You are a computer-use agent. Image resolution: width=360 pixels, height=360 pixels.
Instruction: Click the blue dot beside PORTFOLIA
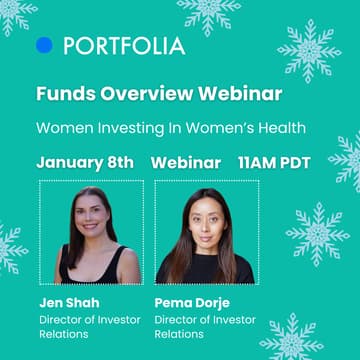click(x=44, y=45)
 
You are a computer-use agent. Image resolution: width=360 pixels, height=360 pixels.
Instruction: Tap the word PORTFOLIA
click(x=124, y=46)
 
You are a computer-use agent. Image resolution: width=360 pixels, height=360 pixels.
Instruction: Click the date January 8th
click(x=90, y=162)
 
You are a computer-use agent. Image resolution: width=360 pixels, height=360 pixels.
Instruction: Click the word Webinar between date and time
click(x=186, y=162)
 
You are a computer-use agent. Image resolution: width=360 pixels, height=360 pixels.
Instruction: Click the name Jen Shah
click(x=67, y=301)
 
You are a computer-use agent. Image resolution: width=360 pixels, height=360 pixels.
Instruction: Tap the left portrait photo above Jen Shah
click(x=91, y=232)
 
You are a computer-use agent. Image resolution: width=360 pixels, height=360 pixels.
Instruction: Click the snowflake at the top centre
click(x=209, y=14)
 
